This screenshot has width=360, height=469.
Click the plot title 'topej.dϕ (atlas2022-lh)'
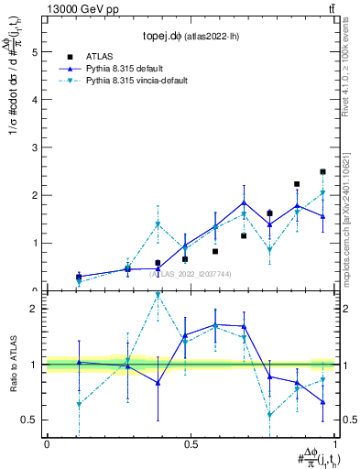pos(186,38)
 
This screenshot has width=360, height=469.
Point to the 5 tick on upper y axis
pos(36,52)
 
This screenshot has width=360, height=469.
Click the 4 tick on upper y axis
pos(36,100)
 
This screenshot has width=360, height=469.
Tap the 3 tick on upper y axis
pos(36,147)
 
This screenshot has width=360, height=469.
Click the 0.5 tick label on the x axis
pos(191,444)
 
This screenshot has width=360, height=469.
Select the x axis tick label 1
pos(335,444)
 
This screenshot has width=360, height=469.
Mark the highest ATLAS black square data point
pos(322,171)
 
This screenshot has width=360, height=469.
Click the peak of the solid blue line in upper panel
pos(245,202)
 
